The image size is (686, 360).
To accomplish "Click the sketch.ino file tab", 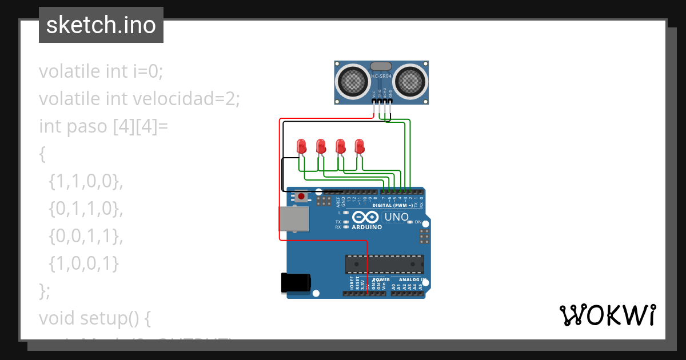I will [101, 25].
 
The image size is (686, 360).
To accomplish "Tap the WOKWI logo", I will [607, 315].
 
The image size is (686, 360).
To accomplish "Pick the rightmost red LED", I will [360, 146].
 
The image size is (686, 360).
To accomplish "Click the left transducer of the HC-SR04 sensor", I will [353, 82].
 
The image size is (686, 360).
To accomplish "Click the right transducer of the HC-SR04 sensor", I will [410, 82].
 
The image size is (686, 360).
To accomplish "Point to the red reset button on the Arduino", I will [301, 197].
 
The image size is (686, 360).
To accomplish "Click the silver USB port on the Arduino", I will [294, 219].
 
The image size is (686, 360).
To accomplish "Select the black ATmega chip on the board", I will [385, 264].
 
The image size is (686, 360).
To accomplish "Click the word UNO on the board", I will [396, 217].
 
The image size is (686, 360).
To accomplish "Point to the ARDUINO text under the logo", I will [366, 227].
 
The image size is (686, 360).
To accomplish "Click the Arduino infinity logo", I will [366, 217].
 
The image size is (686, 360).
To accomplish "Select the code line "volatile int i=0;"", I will [101, 71].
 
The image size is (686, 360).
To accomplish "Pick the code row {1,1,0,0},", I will [86, 181].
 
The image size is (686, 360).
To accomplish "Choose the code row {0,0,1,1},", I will [86, 236].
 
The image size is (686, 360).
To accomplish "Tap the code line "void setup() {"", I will [95, 318].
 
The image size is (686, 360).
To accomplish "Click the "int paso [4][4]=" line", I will [103, 126].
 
